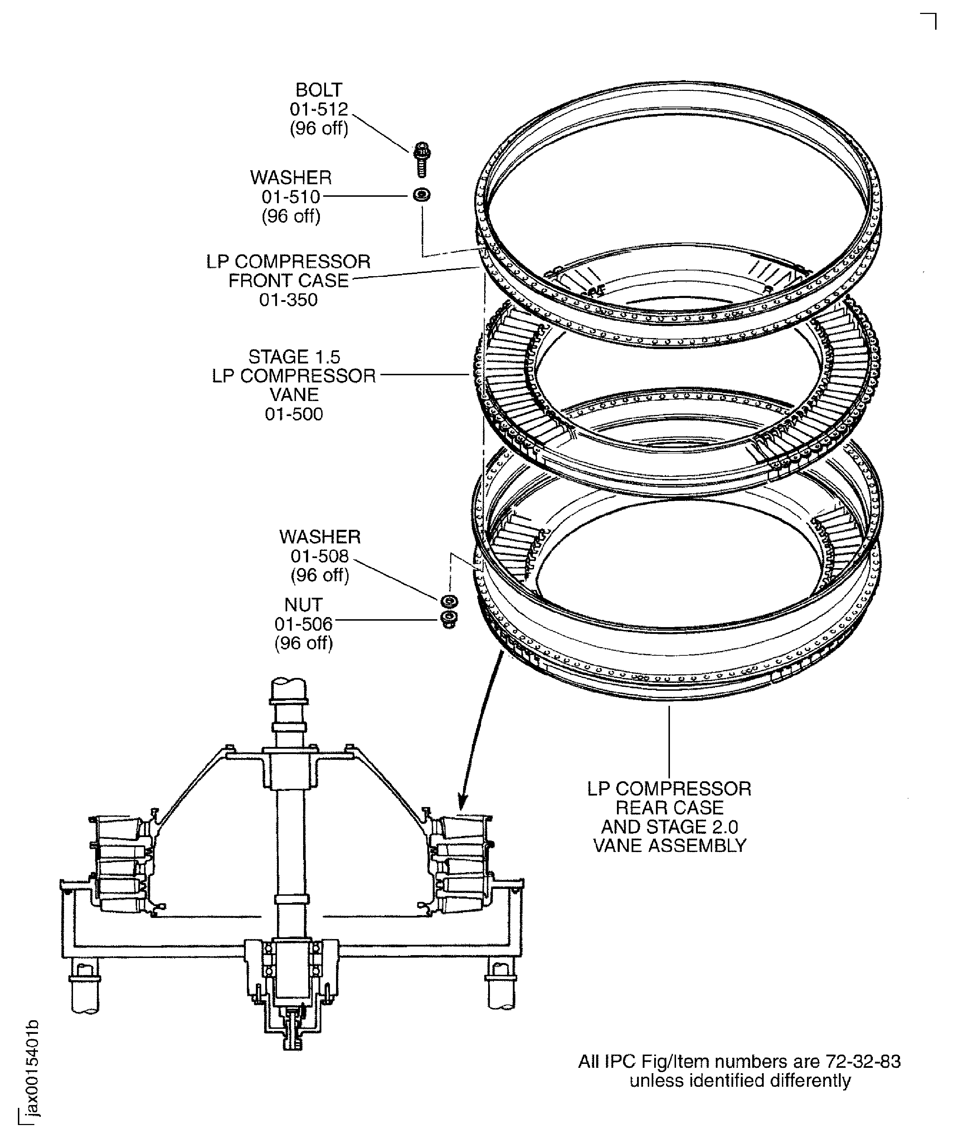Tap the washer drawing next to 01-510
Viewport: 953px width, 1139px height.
pyautogui.click(x=422, y=195)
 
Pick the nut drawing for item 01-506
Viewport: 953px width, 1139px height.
pyautogui.click(x=449, y=619)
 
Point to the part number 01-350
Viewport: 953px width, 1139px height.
pyautogui.click(x=288, y=300)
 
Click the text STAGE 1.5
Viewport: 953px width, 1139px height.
pyautogui.click(x=294, y=357)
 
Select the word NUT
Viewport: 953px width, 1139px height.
pyautogui.click(x=303, y=605)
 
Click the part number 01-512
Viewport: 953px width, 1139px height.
pyautogui.click(x=319, y=109)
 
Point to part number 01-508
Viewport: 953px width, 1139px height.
pyautogui.click(x=320, y=556)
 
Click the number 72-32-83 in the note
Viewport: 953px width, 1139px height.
pyautogui.click(x=863, y=1061)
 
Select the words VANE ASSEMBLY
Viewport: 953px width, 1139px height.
pyautogui.click(x=670, y=846)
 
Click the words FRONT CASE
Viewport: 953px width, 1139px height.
pyautogui.click(x=288, y=281)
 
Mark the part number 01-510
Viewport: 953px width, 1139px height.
pyautogui.click(x=291, y=197)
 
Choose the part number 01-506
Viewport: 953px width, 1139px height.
pyautogui.click(x=303, y=624)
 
